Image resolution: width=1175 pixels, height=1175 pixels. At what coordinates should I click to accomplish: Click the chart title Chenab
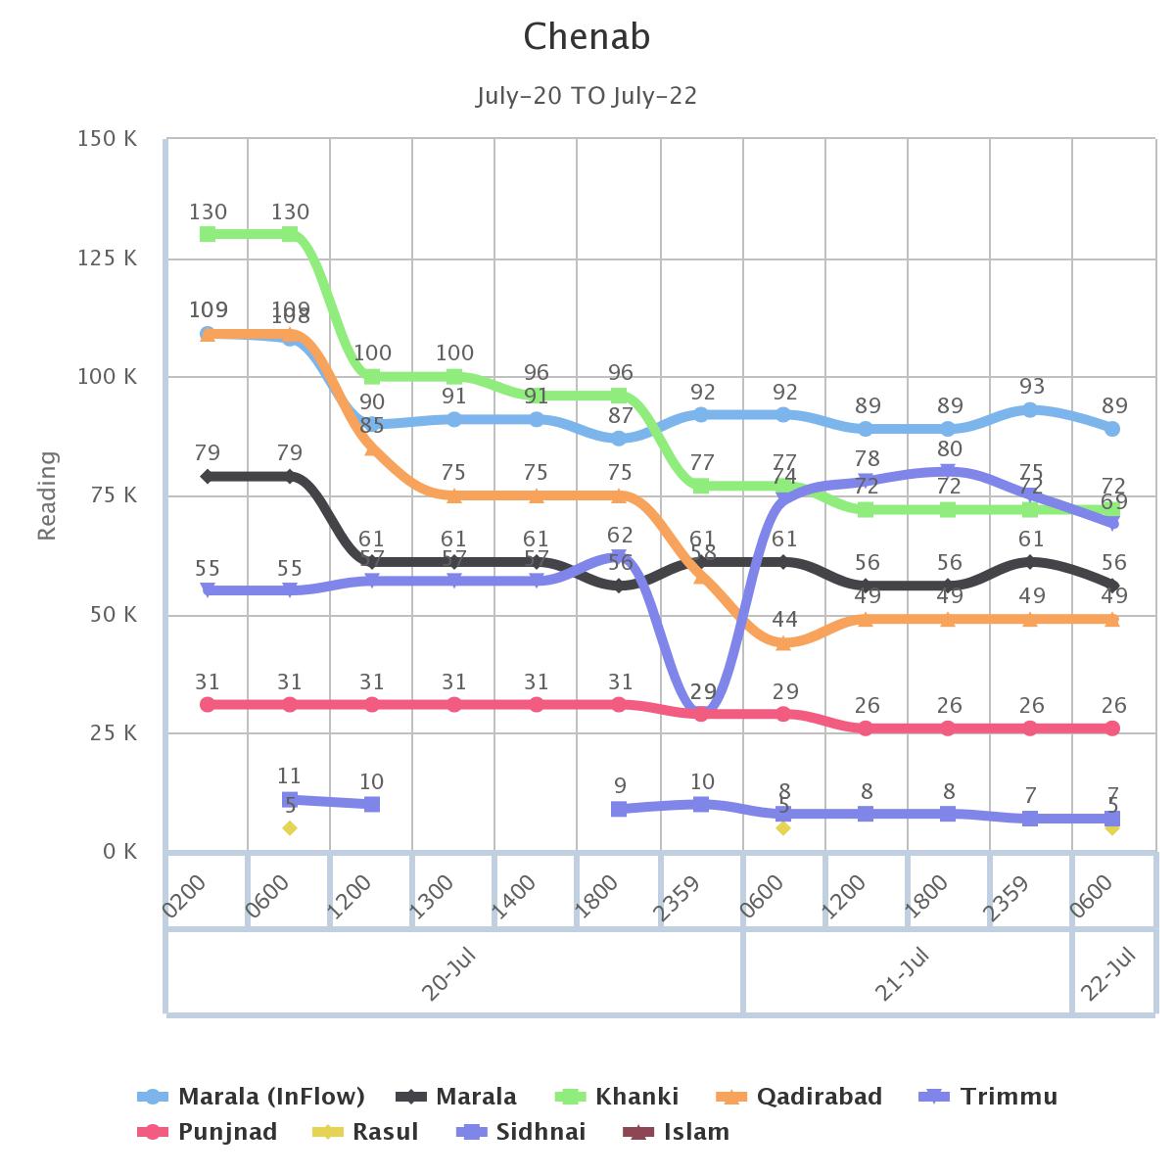[587, 37]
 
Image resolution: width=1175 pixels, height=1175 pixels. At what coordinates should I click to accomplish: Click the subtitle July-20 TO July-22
[587, 96]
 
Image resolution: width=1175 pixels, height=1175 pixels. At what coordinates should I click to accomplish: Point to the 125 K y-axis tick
[107, 258]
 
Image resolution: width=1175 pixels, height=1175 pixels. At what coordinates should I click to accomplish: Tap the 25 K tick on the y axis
[112, 732]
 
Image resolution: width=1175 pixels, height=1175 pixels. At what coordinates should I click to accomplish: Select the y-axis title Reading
[47, 495]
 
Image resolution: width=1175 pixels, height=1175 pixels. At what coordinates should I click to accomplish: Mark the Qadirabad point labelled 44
[783, 643]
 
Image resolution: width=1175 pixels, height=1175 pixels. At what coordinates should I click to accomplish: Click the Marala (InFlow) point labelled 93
[1030, 410]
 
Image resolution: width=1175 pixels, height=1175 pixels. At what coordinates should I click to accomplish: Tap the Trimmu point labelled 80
[948, 472]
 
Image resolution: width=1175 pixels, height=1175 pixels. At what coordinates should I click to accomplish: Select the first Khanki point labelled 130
[208, 234]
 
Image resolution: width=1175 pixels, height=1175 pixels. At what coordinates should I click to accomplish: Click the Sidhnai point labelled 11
[290, 800]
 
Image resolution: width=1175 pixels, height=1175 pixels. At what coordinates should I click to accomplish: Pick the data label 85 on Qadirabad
[371, 426]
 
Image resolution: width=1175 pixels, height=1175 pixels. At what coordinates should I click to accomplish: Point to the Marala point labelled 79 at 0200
[208, 476]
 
